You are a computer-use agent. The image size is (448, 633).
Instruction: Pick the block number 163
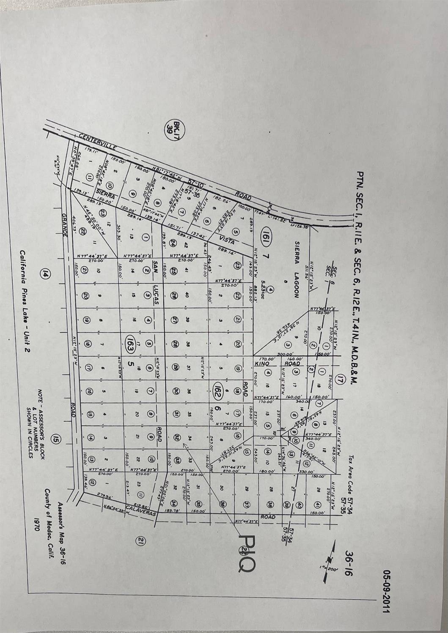[x=131, y=341]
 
